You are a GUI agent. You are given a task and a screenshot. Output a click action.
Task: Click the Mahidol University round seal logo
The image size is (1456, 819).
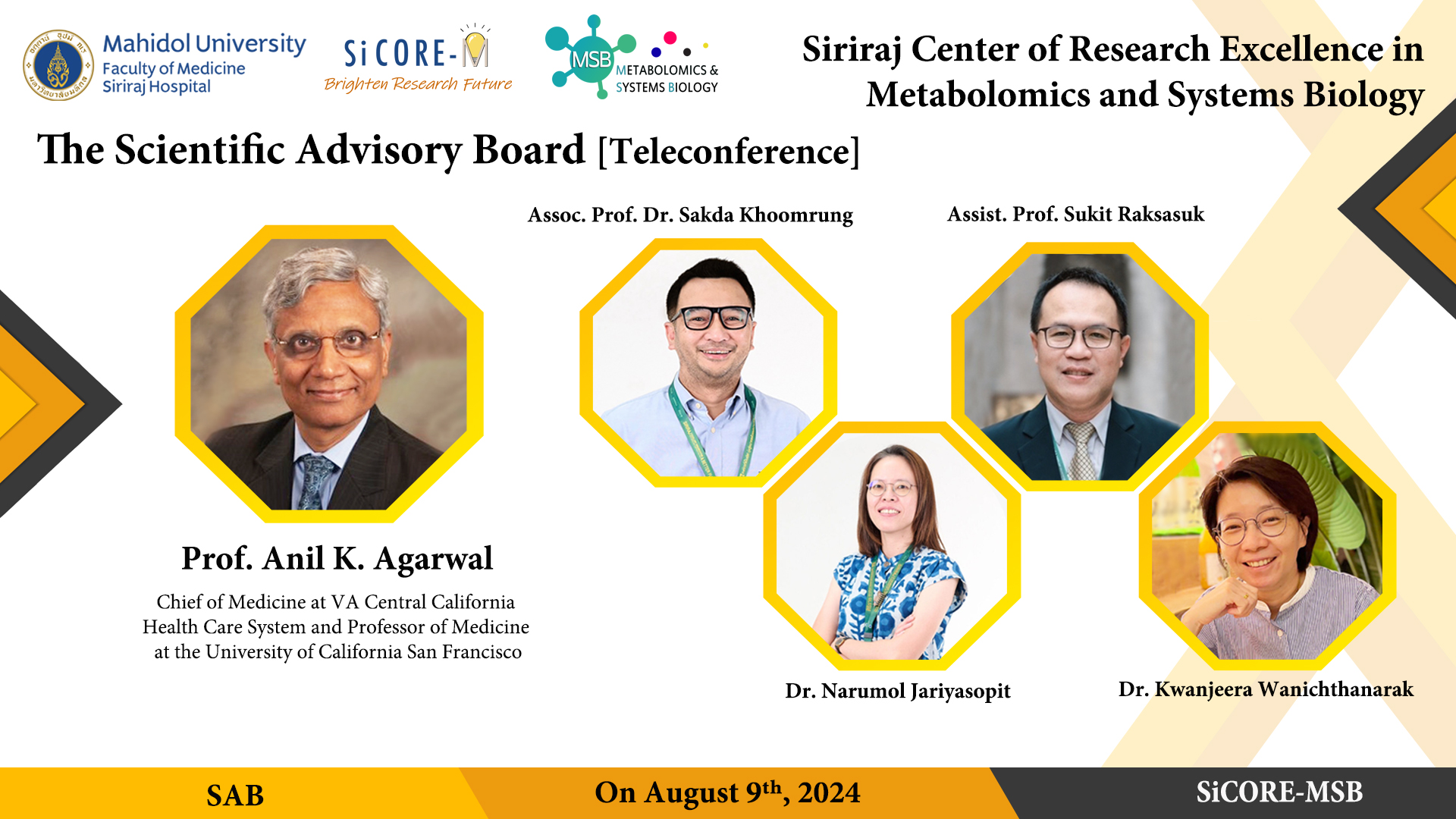pyautogui.click(x=58, y=65)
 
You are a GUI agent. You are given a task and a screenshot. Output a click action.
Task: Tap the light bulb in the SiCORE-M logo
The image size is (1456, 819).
pyautogui.click(x=475, y=47)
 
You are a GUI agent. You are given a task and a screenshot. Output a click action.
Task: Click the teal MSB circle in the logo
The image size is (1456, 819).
pyautogui.click(x=591, y=59)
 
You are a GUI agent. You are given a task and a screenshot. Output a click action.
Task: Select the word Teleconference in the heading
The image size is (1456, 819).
pyautogui.click(x=729, y=152)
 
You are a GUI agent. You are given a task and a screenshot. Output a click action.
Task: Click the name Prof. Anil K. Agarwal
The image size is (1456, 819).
pyautogui.click(x=337, y=559)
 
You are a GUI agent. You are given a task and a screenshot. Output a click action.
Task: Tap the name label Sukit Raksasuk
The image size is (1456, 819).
pyautogui.click(x=1134, y=214)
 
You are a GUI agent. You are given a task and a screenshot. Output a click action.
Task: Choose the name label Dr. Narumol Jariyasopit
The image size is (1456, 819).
pyautogui.click(x=898, y=691)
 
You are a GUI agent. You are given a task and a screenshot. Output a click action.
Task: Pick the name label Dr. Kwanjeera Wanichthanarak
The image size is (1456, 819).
pyautogui.click(x=1266, y=689)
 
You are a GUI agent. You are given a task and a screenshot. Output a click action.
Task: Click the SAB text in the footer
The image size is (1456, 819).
pyautogui.click(x=235, y=795)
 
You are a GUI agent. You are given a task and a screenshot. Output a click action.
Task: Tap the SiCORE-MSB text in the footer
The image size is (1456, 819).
pyautogui.click(x=1279, y=792)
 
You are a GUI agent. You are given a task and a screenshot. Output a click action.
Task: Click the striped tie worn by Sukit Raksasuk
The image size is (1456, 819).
pyautogui.click(x=1081, y=450)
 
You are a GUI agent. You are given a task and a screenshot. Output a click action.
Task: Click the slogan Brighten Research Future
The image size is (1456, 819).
pyautogui.click(x=418, y=84)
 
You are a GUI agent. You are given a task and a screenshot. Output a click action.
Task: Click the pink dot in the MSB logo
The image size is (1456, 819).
pyautogui.click(x=670, y=38)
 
